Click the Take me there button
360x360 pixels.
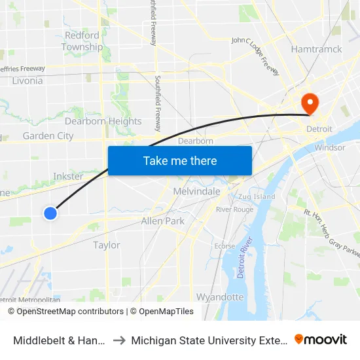[x=180, y=161]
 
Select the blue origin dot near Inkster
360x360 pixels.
[x=50, y=213]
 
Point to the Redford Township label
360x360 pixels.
[x=82, y=41]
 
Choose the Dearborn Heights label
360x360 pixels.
[x=103, y=121]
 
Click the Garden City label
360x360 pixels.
[x=48, y=136]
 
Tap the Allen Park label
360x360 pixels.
[x=163, y=221]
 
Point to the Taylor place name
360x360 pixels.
[x=107, y=245]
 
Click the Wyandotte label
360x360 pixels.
[x=220, y=297]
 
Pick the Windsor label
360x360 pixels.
[x=330, y=148]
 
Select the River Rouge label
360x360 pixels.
[x=234, y=209]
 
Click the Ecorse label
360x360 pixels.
[x=225, y=246]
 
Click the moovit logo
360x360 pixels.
[x=321, y=339]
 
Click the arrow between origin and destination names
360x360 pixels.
[x=120, y=340]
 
